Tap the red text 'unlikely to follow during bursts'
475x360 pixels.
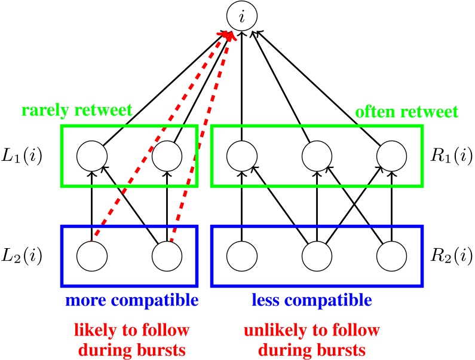[311, 338]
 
